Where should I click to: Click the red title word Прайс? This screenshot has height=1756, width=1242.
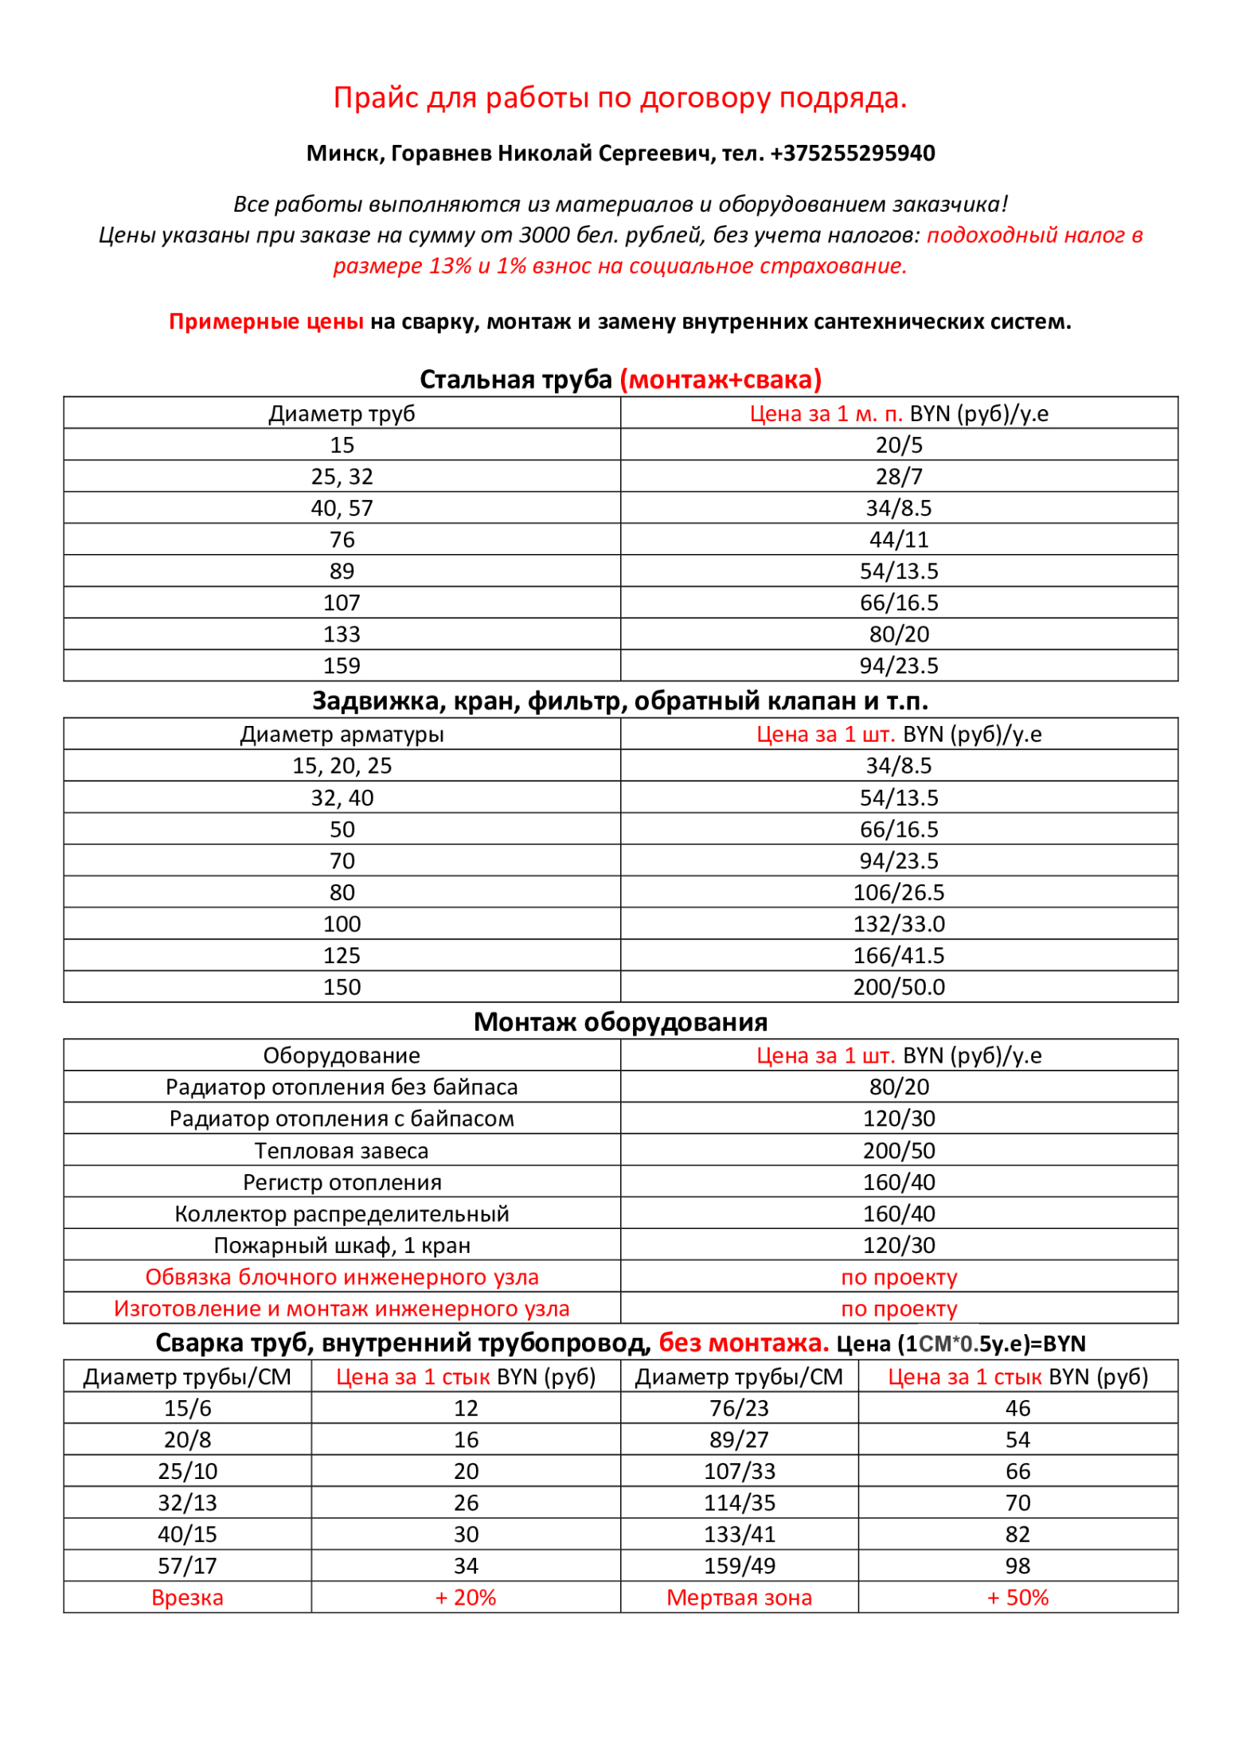(376, 97)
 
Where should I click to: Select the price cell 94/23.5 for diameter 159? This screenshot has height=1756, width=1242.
(899, 665)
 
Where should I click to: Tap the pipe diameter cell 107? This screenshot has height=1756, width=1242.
(342, 603)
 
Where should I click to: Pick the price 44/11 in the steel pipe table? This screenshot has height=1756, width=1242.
(899, 540)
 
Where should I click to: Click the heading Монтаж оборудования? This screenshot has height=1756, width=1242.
(620, 1021)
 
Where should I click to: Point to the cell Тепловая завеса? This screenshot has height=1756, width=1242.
(342, 1150)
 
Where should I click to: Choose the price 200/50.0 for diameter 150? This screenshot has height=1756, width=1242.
(899, 987)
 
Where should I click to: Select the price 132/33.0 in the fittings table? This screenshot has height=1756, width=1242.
(899, 924)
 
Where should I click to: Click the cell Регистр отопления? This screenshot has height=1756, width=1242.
(342, 1182)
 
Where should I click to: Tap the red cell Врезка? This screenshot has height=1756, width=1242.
(187, 1597)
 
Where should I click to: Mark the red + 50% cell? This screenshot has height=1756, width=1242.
(1017, 1597)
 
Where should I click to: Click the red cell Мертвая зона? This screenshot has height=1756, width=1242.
(739, 1597)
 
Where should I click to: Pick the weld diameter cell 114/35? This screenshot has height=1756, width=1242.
(739, 1502)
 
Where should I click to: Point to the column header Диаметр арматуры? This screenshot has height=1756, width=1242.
(342, 734)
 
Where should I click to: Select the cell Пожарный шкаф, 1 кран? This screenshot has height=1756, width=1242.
(342, 1245)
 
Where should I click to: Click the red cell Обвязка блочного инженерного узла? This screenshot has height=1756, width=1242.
(342, 1277)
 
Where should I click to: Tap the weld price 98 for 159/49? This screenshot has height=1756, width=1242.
(1017, 1566)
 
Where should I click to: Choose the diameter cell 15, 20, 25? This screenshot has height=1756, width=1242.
(342, 766)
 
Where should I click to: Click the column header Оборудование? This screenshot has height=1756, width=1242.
(342, 1056)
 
